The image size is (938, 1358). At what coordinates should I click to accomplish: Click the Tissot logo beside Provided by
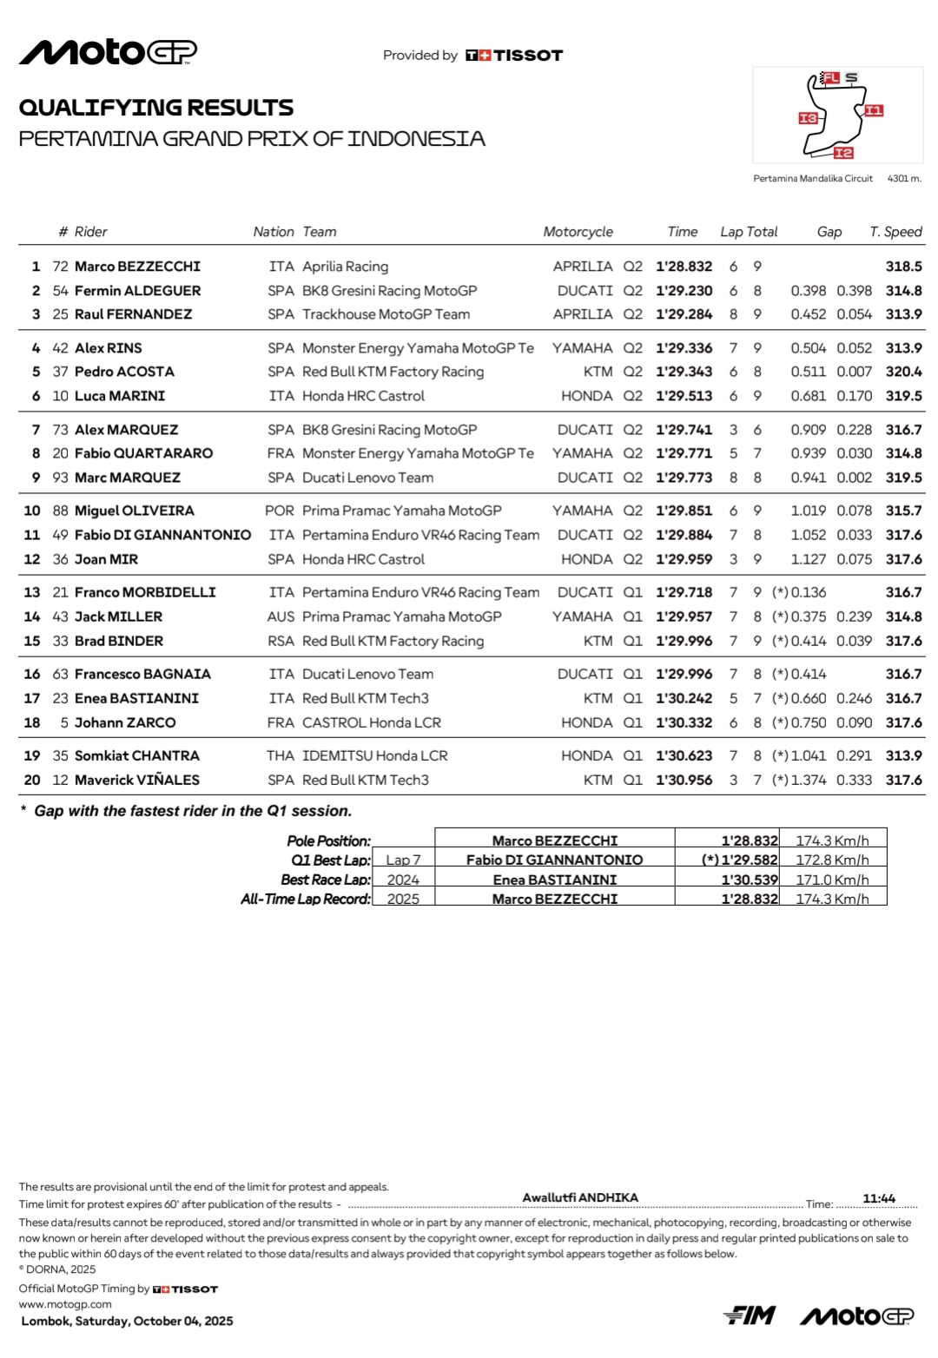[514, 56]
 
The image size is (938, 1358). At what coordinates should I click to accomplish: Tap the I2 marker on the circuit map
[843, 153]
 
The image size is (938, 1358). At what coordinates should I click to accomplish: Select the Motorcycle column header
[578, 232]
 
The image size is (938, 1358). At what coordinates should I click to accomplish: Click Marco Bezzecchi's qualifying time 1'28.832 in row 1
[684, 267]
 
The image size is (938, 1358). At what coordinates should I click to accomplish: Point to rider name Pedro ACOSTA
[124, 372]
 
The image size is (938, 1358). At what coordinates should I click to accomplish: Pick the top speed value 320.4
[903, 372]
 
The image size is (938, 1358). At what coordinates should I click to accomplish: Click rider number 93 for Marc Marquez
[60, 478]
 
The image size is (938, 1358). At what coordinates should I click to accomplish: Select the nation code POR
[280, 511]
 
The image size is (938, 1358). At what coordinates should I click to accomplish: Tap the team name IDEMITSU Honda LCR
[374, 755]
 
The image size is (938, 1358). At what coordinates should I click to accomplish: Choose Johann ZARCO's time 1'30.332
[684, 722]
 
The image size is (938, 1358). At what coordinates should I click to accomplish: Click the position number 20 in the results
[32, 780]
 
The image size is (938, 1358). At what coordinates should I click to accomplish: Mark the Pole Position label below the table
[328, 841]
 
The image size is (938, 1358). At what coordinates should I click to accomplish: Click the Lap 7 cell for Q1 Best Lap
[403, 860]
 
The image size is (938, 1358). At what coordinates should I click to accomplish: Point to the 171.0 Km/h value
[832, 880]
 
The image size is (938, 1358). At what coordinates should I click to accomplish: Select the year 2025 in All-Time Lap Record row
[403, 899]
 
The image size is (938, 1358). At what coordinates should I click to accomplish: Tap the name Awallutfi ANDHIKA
[580, 1197]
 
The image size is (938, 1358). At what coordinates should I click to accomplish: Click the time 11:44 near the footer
[878, 1198]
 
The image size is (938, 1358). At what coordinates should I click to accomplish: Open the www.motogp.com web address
[65, 1303]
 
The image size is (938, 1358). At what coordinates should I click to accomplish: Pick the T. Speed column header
[895, 232]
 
